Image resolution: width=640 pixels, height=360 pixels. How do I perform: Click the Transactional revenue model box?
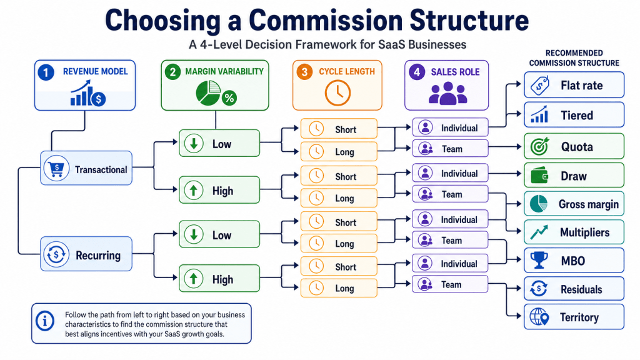pos(86,167)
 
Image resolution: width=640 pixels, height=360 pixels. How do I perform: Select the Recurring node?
pos(86,254)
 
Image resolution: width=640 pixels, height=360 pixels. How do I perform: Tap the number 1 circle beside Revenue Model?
pos(46,72)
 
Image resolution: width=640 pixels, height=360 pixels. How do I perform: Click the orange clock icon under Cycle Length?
pos(337,92)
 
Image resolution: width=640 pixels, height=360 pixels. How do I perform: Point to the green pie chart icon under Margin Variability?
pos(209,92)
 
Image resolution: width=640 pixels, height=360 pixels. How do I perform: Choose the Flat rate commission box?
pos(574,85)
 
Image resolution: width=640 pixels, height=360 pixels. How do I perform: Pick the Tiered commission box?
pos(574,115)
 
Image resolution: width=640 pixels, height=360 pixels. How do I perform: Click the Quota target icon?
pos(539,146)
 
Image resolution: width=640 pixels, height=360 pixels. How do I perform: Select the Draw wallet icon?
pos(539,176)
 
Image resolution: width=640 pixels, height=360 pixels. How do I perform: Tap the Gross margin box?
pos(574,204)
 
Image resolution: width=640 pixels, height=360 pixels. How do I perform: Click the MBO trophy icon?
pos(539,260)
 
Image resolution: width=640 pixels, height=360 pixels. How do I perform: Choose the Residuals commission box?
pos(574,289)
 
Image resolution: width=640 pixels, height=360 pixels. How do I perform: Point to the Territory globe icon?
pos(539,317)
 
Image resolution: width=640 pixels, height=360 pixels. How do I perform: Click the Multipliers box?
pos(574,232)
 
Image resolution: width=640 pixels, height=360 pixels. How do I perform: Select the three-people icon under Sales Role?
pos(447,93)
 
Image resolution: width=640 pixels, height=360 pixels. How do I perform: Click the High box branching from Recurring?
pos(219,278)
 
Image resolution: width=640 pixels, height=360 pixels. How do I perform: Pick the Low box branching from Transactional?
pos(219,143)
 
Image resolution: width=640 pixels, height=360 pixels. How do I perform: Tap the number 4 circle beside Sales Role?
pos(417,72)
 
